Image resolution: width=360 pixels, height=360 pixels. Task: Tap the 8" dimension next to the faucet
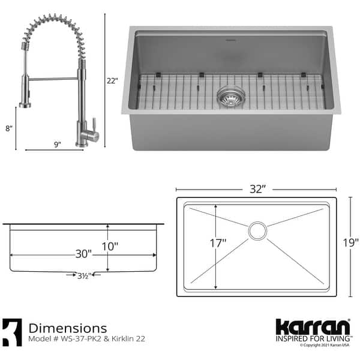point(8,128)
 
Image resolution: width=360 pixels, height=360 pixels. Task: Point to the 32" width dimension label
point(257,188)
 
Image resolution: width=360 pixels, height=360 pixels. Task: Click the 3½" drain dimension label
point(83,277)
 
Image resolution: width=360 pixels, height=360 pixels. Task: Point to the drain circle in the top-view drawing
point(258,230)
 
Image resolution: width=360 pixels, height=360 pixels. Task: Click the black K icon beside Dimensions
point(13,332)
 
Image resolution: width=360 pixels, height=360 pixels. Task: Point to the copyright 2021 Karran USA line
point(323,346)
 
